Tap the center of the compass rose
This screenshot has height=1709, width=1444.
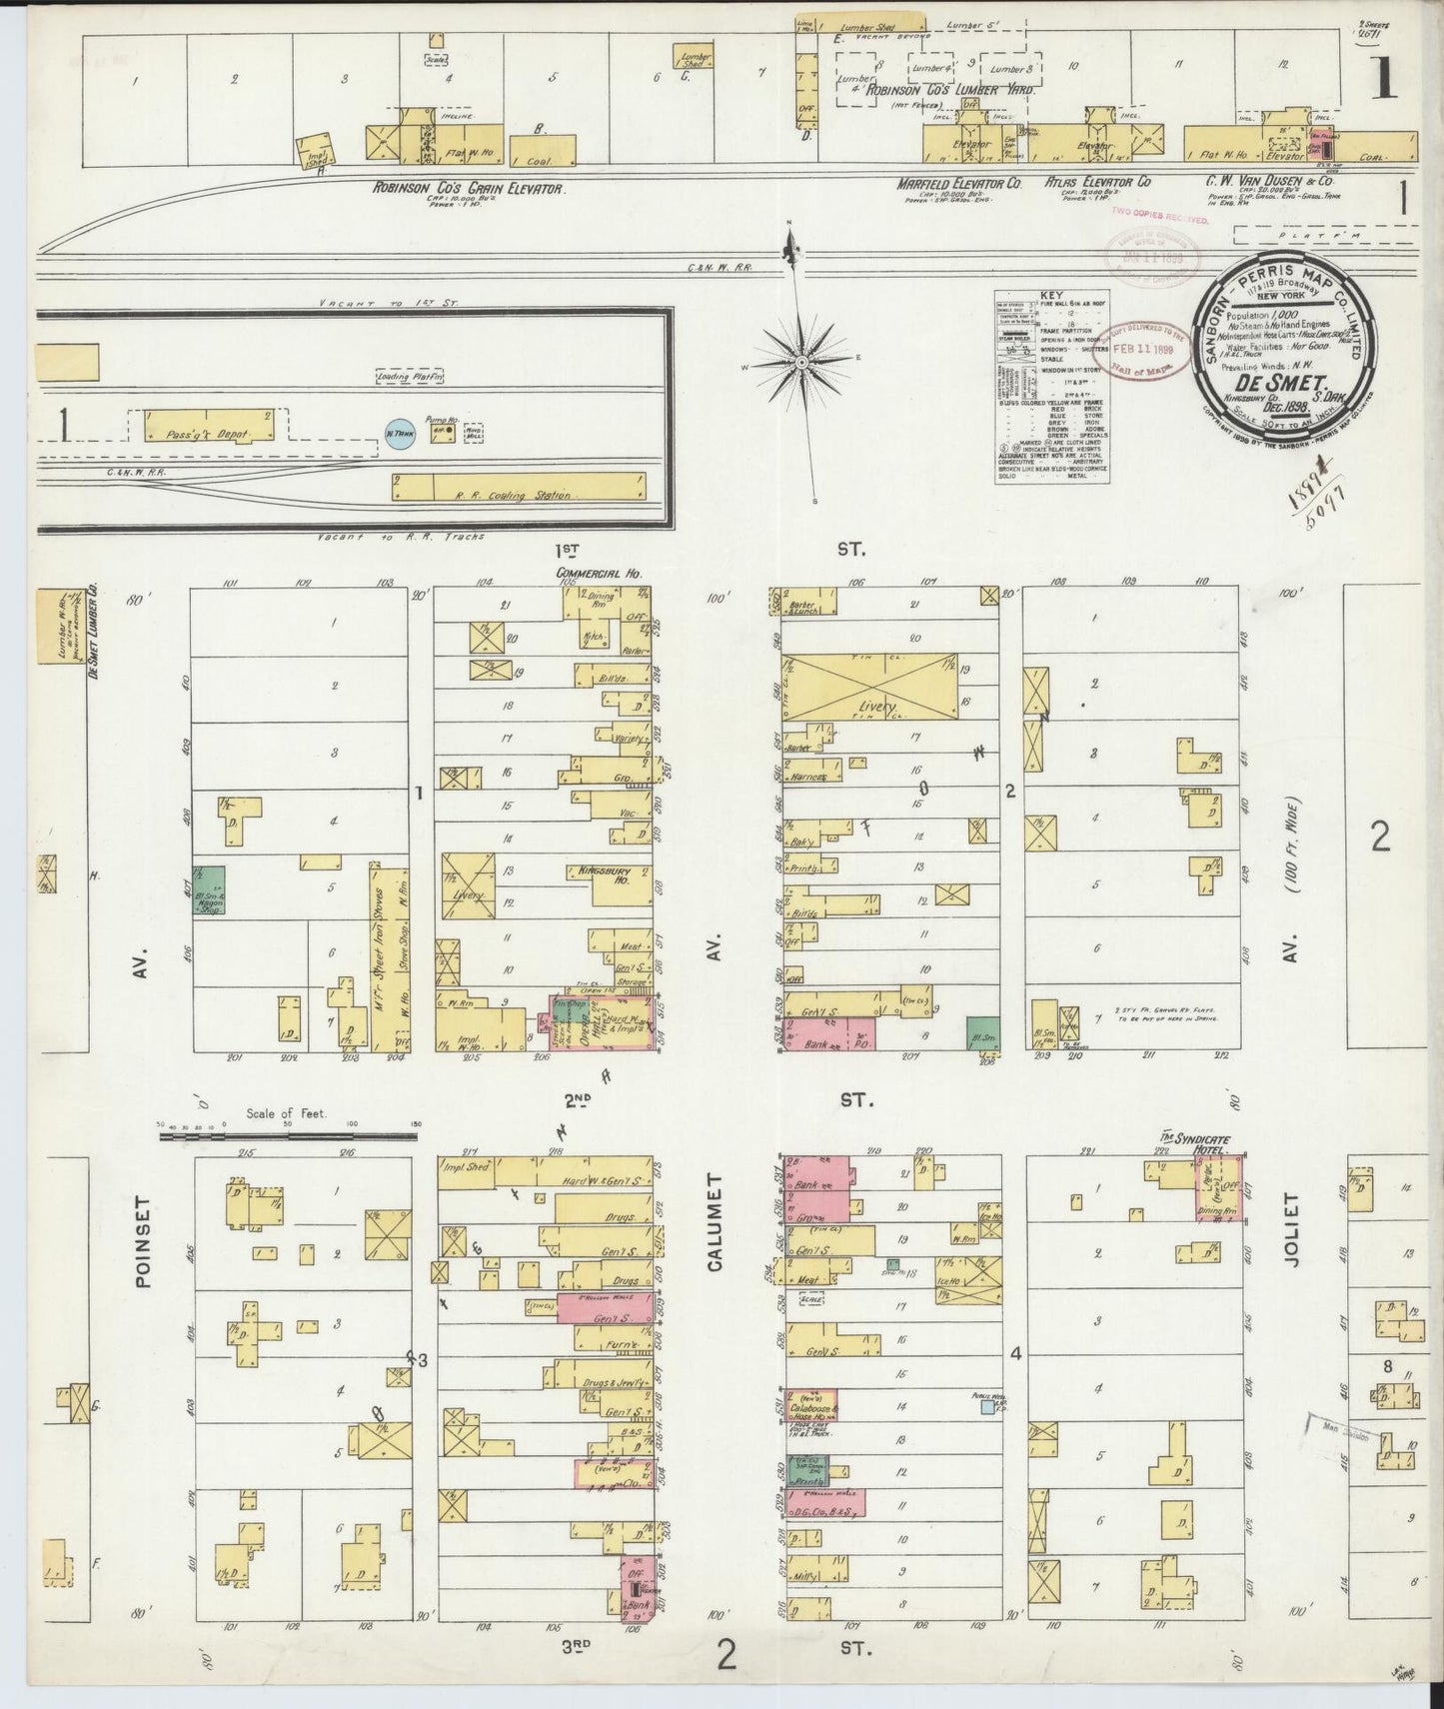click(x=802, y=359)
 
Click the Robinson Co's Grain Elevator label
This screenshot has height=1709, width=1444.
click(x=470, y=187)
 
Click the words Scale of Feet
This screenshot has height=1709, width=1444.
click(x=287, y=1112)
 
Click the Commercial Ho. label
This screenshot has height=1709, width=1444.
click(x=598, y=574)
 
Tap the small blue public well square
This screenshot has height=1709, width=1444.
click(x=987, y=1406)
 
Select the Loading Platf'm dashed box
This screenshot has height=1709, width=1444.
click(x=409, y=377)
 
